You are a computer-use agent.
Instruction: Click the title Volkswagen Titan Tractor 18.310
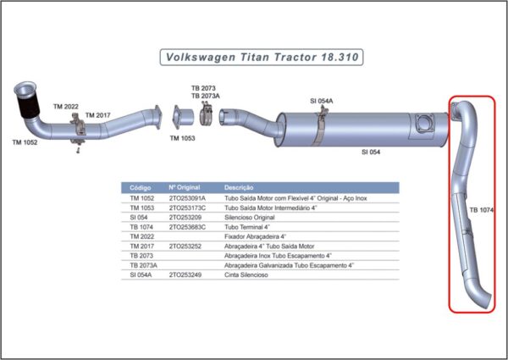[262, 58]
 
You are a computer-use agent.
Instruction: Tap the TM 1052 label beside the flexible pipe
[25, 142]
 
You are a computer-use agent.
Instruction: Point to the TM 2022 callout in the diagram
[66, 107]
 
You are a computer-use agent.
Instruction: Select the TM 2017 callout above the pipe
[98, 115]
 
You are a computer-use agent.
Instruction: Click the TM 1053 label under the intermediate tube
[182, 138]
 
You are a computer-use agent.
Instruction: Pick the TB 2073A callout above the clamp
[206, 96]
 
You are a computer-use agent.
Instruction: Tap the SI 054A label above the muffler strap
[322, 101]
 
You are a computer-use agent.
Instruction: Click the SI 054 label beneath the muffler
[371, 152]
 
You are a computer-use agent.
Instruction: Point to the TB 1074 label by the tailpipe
[482, 210]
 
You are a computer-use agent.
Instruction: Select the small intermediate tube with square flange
[183, 117]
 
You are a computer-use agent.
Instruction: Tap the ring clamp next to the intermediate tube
[206, 114]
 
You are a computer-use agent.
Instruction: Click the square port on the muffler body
[424, 124]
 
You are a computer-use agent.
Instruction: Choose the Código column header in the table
[141, 187]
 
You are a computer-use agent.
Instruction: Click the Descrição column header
[239, 187]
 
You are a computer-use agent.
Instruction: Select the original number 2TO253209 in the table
[185, 218]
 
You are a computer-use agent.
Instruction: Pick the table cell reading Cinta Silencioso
[246, 274]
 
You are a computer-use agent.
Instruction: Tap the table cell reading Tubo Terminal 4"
[247, 227]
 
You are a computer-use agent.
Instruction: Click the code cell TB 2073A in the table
[144, 265]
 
